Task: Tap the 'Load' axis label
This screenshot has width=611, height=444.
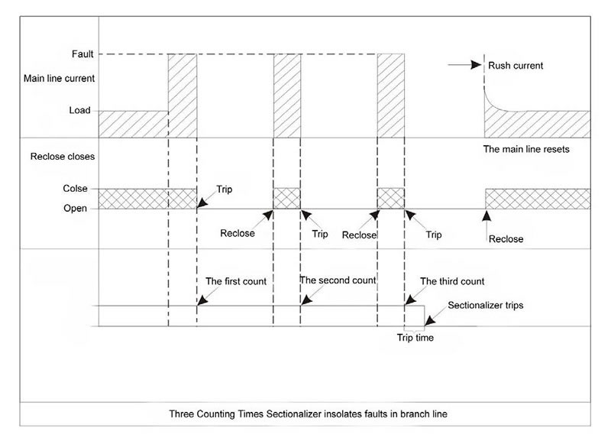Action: click(x=79, y=110)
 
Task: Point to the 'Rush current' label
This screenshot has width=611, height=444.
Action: click(x=516, y=66)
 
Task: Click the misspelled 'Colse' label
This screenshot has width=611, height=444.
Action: click(x=75, y=189)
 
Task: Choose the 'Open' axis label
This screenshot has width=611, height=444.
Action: click(x=76, y=207)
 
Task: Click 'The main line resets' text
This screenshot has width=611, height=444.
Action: click(x=526, y=149)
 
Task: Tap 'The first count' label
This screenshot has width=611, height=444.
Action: click(x=236, y=281)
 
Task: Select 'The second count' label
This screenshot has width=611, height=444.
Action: click(x=338, y=280)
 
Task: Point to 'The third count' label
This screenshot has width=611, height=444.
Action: click(x=452, y=281)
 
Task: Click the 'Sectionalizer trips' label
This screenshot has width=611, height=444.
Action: click(x=485, y=305)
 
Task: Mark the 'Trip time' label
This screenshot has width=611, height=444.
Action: click(x=415, y=337)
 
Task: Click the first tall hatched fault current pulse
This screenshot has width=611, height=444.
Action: click(x=182, y=96)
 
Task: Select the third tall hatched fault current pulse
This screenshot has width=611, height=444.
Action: click(x=391, y=96)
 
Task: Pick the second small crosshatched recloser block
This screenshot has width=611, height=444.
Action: click(x=391, y=198)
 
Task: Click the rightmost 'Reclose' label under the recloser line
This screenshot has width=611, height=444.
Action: click(x=506, y=239)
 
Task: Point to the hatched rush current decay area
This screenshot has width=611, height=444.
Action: click(x=535, y=122)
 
